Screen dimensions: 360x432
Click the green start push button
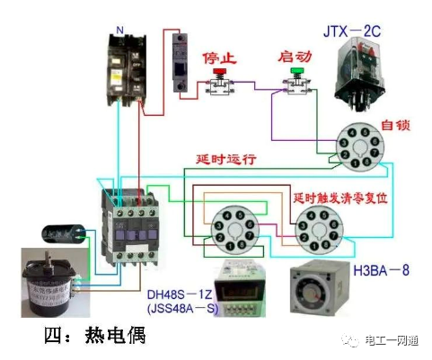coord(297,79)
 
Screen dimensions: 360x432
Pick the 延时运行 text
coord(226,159)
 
